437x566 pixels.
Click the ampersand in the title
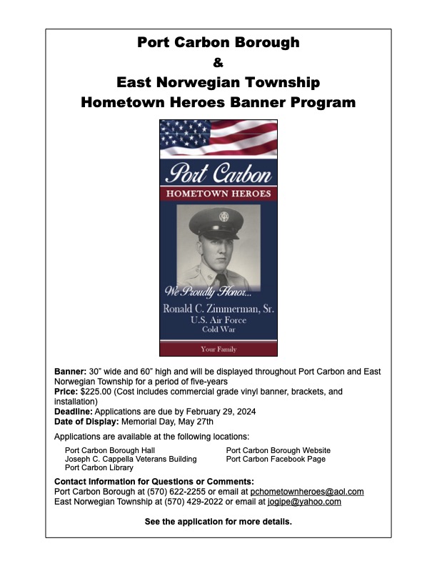click(x=218, y=62)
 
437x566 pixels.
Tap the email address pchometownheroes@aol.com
click(x=307, y=492)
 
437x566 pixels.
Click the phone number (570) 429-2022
click(x=174, y=502)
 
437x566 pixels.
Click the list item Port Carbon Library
click(x=99, y=468)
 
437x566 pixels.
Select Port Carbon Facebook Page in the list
click(x=276, y=460)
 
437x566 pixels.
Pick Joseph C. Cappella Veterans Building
click(x=131, y=460)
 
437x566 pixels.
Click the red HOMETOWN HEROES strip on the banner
click(x=218, y=194)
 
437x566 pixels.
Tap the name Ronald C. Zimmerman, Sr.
click(x=218, y=309)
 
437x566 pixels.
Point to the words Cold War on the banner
click(x=218, y=329)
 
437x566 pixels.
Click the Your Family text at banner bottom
click(x=218, y=349)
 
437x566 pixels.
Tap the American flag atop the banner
click(x=218, y=139)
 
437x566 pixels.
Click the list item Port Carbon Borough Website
click(x=278, y=451)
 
